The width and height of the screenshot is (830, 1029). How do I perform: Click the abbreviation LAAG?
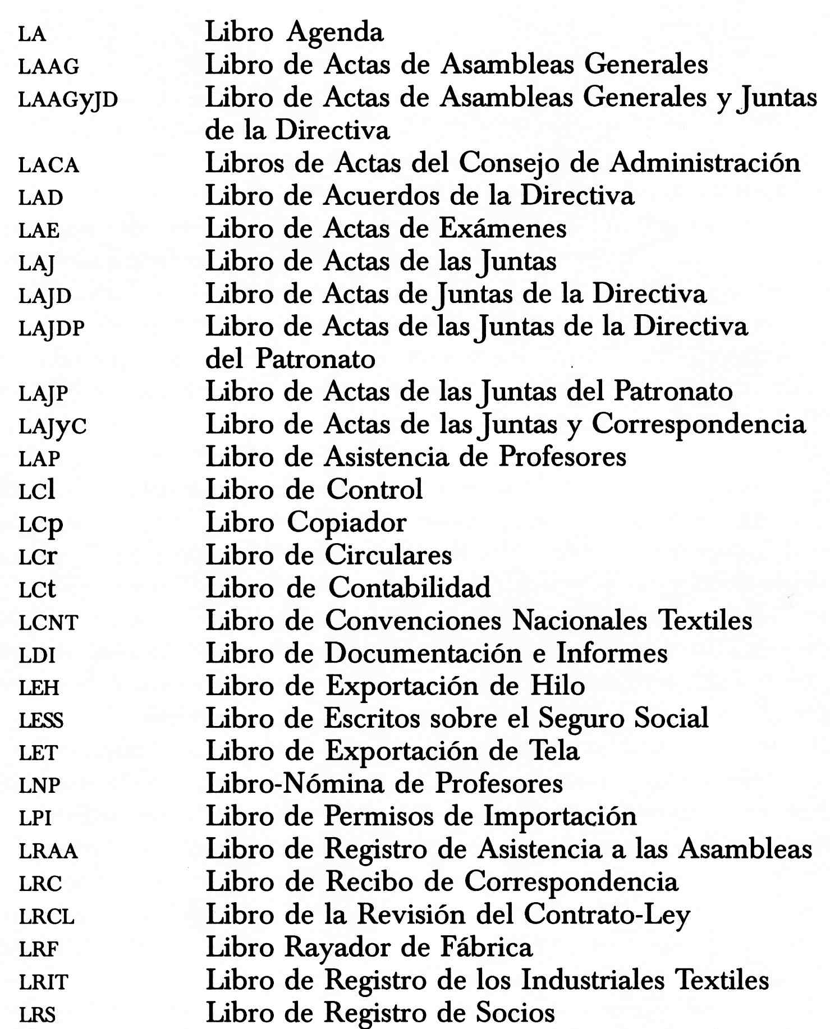point(49,67)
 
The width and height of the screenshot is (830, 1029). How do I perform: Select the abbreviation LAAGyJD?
point(68,100)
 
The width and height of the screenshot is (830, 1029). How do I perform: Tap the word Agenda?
point(335,33)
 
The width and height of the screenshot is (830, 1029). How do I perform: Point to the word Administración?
point(705,163)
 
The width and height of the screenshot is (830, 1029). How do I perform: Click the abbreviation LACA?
point(49,166)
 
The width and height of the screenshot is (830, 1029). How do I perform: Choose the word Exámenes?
point(503,229)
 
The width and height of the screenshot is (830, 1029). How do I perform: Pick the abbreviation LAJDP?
point(52,329)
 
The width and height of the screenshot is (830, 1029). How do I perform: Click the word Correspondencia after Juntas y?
point(699,424)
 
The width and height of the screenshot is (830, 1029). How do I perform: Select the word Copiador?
point(347,523)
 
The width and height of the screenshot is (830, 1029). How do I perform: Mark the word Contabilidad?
point(410,588)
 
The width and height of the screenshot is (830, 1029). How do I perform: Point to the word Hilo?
point(558,686)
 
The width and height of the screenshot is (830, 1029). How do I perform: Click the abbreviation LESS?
point(41,721)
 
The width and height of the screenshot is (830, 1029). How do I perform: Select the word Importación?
point(560,817)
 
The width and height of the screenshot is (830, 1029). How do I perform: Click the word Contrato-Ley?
point(607,916)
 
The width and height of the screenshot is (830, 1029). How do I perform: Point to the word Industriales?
point(593,981)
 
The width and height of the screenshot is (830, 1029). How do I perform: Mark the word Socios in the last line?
point(515,1013)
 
